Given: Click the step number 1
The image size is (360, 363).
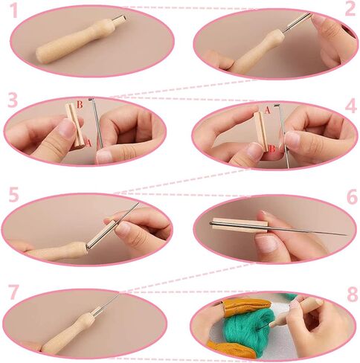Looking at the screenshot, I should click(x=13, y=10).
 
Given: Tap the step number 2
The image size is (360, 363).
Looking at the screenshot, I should click(x=350, y=10).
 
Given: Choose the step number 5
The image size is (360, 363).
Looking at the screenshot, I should click(x=13, y=195).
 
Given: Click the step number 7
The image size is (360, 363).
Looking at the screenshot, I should click(x=13, y=292).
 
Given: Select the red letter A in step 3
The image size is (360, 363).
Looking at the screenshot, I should click(x=88, y=141).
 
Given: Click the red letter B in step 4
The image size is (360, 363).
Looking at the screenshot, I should click(x=271, y=149).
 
